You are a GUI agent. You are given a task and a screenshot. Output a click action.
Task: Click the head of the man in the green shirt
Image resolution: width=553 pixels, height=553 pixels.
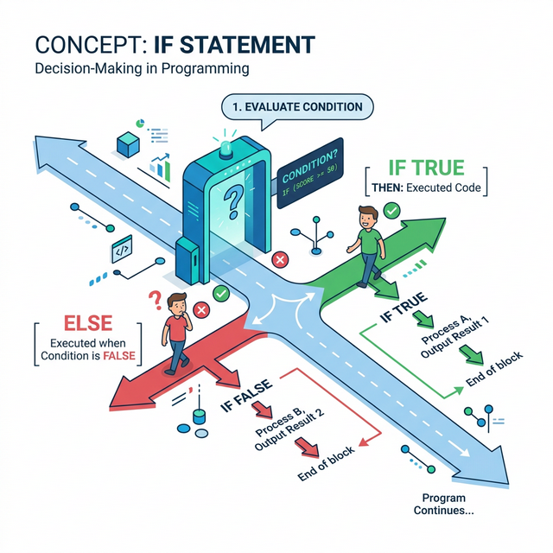(x=365, y=215)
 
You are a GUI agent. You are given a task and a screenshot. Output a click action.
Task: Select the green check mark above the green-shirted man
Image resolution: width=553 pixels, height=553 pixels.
(x=391, y=210)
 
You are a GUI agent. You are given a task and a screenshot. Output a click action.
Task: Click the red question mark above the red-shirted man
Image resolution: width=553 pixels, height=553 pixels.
(x=156, y=300)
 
